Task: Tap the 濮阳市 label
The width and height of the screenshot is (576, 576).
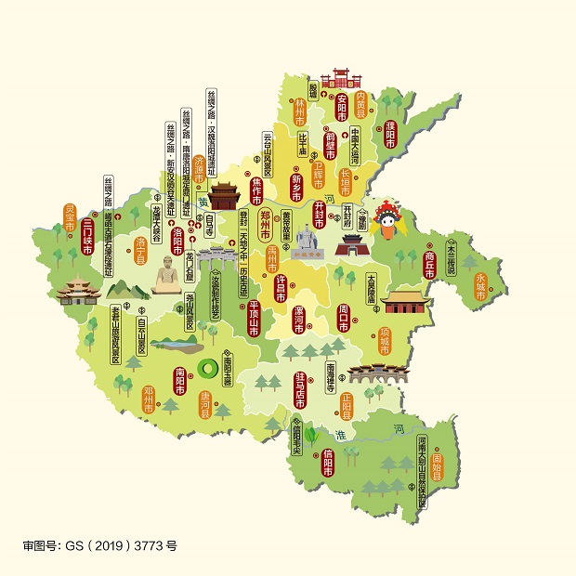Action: (x=390, y=135)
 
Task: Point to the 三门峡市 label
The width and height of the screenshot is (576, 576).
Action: (x=87, y=236)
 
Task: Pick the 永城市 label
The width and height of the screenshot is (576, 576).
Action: (x=479, y=280)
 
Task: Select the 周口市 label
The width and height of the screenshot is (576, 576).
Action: (x=343, y=317)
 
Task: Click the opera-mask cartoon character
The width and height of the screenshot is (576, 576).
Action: (x=386, y=222)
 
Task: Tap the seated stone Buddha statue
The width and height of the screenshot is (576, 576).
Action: (x=166, y=275)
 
